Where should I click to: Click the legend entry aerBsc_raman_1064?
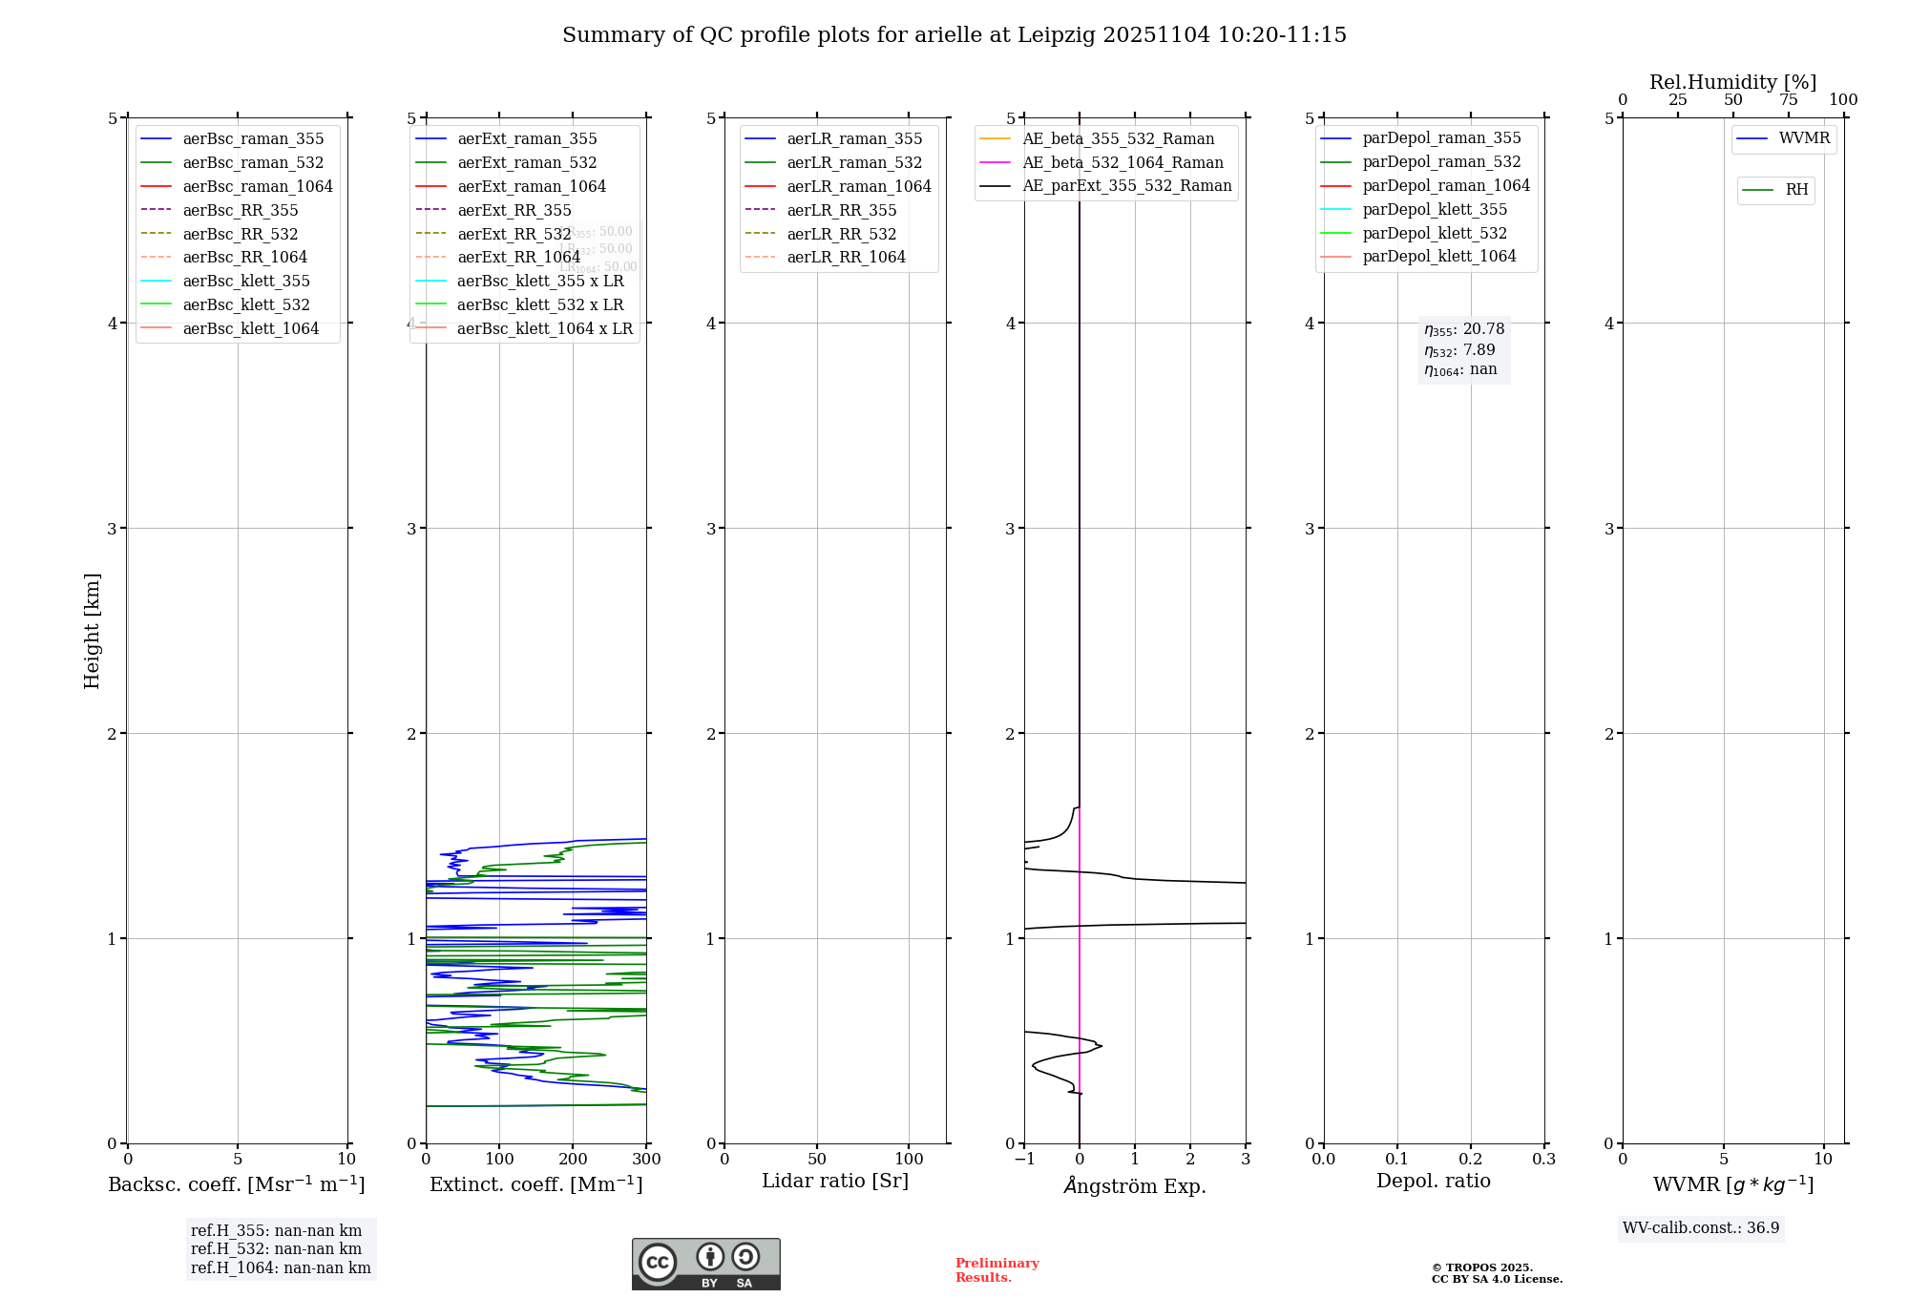[258, 186]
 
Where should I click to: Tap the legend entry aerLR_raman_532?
[854, 162]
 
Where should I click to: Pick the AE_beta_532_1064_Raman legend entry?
[1122, 162]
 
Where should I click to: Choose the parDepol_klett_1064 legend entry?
[1438, 256]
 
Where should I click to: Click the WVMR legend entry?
[1804, 138]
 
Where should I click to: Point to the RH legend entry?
[1796, 190]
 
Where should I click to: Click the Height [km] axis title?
[92, 630]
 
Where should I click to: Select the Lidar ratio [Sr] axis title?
[835, 1181]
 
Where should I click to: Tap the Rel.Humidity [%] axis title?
[1732, 82]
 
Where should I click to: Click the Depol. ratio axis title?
[1433, 1181]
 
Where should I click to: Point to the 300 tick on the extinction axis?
[646, 1159]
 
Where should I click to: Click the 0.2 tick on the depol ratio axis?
[1471, 1159]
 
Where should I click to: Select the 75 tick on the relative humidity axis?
[1788, 100]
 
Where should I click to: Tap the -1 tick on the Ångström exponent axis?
[1024, 1159]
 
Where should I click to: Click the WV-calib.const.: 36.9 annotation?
[1701, 1227]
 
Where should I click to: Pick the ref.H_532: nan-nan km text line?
[276, 1248]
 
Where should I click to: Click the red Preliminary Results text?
[996, 1269]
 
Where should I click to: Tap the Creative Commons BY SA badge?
[705, 1264]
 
